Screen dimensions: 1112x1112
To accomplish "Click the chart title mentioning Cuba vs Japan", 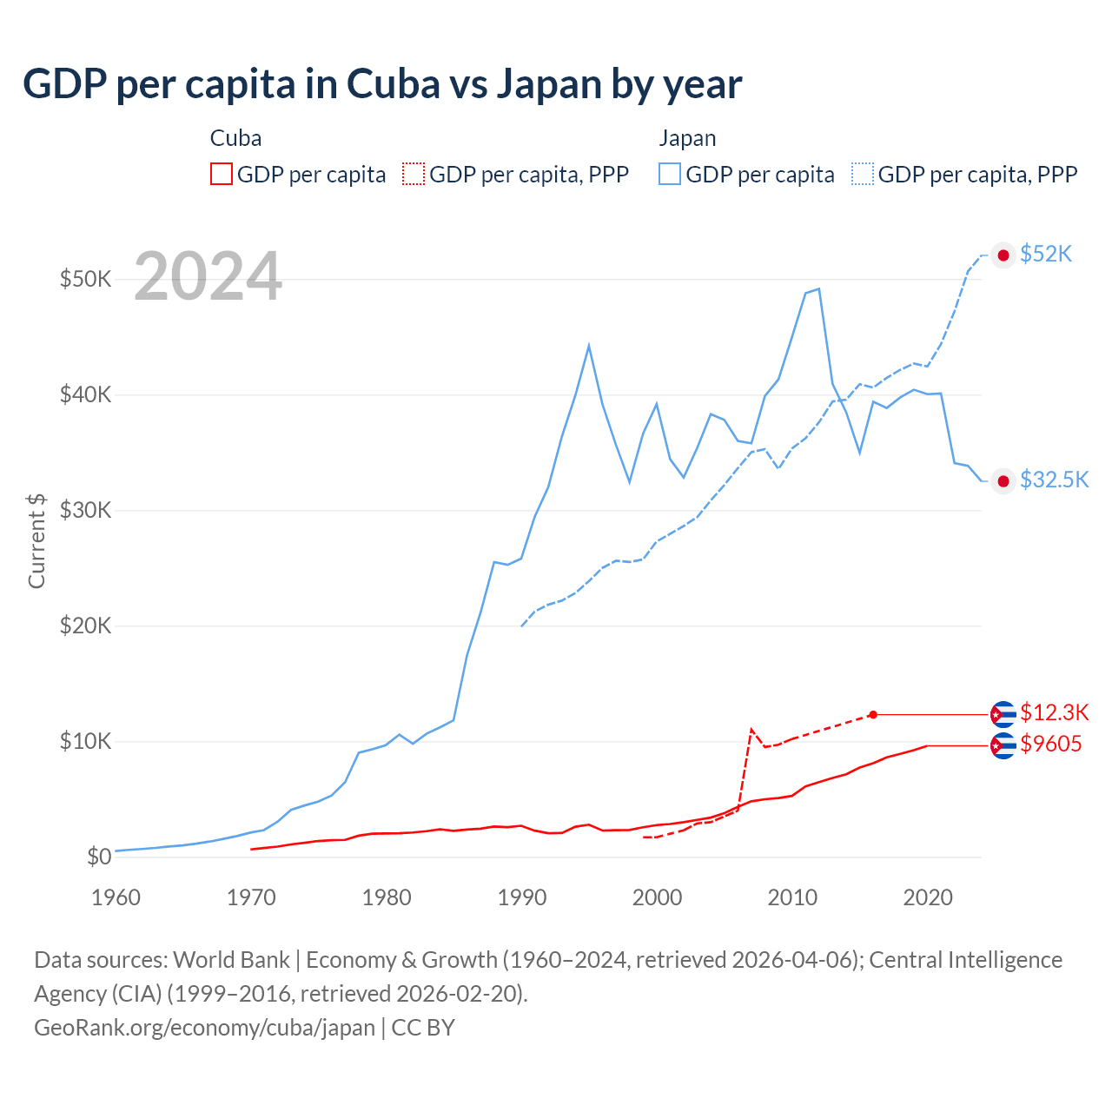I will pyautogui.click(x=382, y=84).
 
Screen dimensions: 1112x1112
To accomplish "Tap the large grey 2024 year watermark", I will pyautogui.click(x=208, y=276).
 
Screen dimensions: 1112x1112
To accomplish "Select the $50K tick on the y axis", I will pyautogui.click(x=85, y=279).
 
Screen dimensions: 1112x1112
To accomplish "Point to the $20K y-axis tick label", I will pyautogui.click(x=85, y=625).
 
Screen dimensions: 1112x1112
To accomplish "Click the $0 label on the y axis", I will pyautogui.click(x=99, y=857).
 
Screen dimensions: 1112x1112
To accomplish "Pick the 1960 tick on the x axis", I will pyautogui.click(x=116, y=897).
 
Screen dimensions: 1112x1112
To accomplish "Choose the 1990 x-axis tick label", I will pyautogui.click(x=521, y=897).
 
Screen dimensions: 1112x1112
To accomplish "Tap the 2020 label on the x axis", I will pyautogui.click(x=928, y=897).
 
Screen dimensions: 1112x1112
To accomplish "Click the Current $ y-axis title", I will pyautogui.click(x=36, y=540).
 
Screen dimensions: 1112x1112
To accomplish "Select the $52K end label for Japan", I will pyautogui.click(x=1046, y=254).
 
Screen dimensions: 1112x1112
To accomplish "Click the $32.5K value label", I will pyautogui.click(x=1054, y=480).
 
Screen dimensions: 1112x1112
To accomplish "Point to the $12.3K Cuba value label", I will pyautogui.click(x=1054, y=713).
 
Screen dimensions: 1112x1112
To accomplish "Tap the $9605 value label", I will pyautogui.click(x=1050, y=745).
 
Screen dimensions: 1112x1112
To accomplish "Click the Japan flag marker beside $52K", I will pyautogui.click(x=1003, y=255).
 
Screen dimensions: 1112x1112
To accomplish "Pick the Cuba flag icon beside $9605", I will pyautogui.click(x=1003, y=745).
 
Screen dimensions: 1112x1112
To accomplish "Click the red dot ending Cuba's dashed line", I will pyautogui.click(x=873, y=714).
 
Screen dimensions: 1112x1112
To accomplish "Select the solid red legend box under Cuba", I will pyautogui.click(x=222, y=175).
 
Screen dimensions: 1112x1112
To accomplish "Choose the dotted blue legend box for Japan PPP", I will pyautogui.click(x=863, y=175).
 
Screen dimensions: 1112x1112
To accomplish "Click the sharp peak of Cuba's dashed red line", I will pyautogui.click(x=751, y=730).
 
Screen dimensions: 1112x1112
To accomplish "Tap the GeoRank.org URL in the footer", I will pyautogui.click(x=204, y=1028).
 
